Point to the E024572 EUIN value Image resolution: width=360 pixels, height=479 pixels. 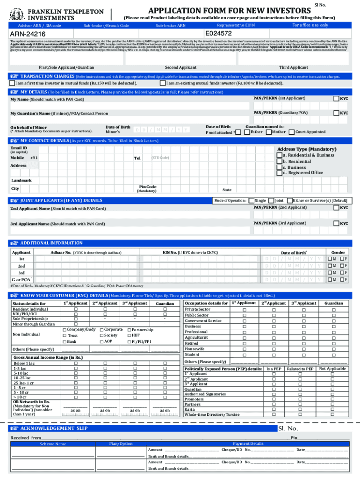[218, 34]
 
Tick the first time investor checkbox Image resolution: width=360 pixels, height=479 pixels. [12, 83]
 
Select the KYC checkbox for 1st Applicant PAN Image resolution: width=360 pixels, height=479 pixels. [336, 98]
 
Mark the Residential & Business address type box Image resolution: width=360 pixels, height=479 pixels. [279, 155]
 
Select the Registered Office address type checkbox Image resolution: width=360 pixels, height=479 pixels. [279, 173]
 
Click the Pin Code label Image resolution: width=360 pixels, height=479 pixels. [146, 187]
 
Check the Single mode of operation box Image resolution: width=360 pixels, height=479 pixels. [252, 200]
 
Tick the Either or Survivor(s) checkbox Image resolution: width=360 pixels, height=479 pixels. [289, 200]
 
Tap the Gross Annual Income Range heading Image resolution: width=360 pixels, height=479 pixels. [48, 357]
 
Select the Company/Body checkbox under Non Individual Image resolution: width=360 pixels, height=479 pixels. [64, 330]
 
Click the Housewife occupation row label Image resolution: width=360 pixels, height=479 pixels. [194, 349]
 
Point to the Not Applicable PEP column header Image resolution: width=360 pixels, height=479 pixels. [332, 369]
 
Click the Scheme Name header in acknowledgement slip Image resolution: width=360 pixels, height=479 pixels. [53, 443]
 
